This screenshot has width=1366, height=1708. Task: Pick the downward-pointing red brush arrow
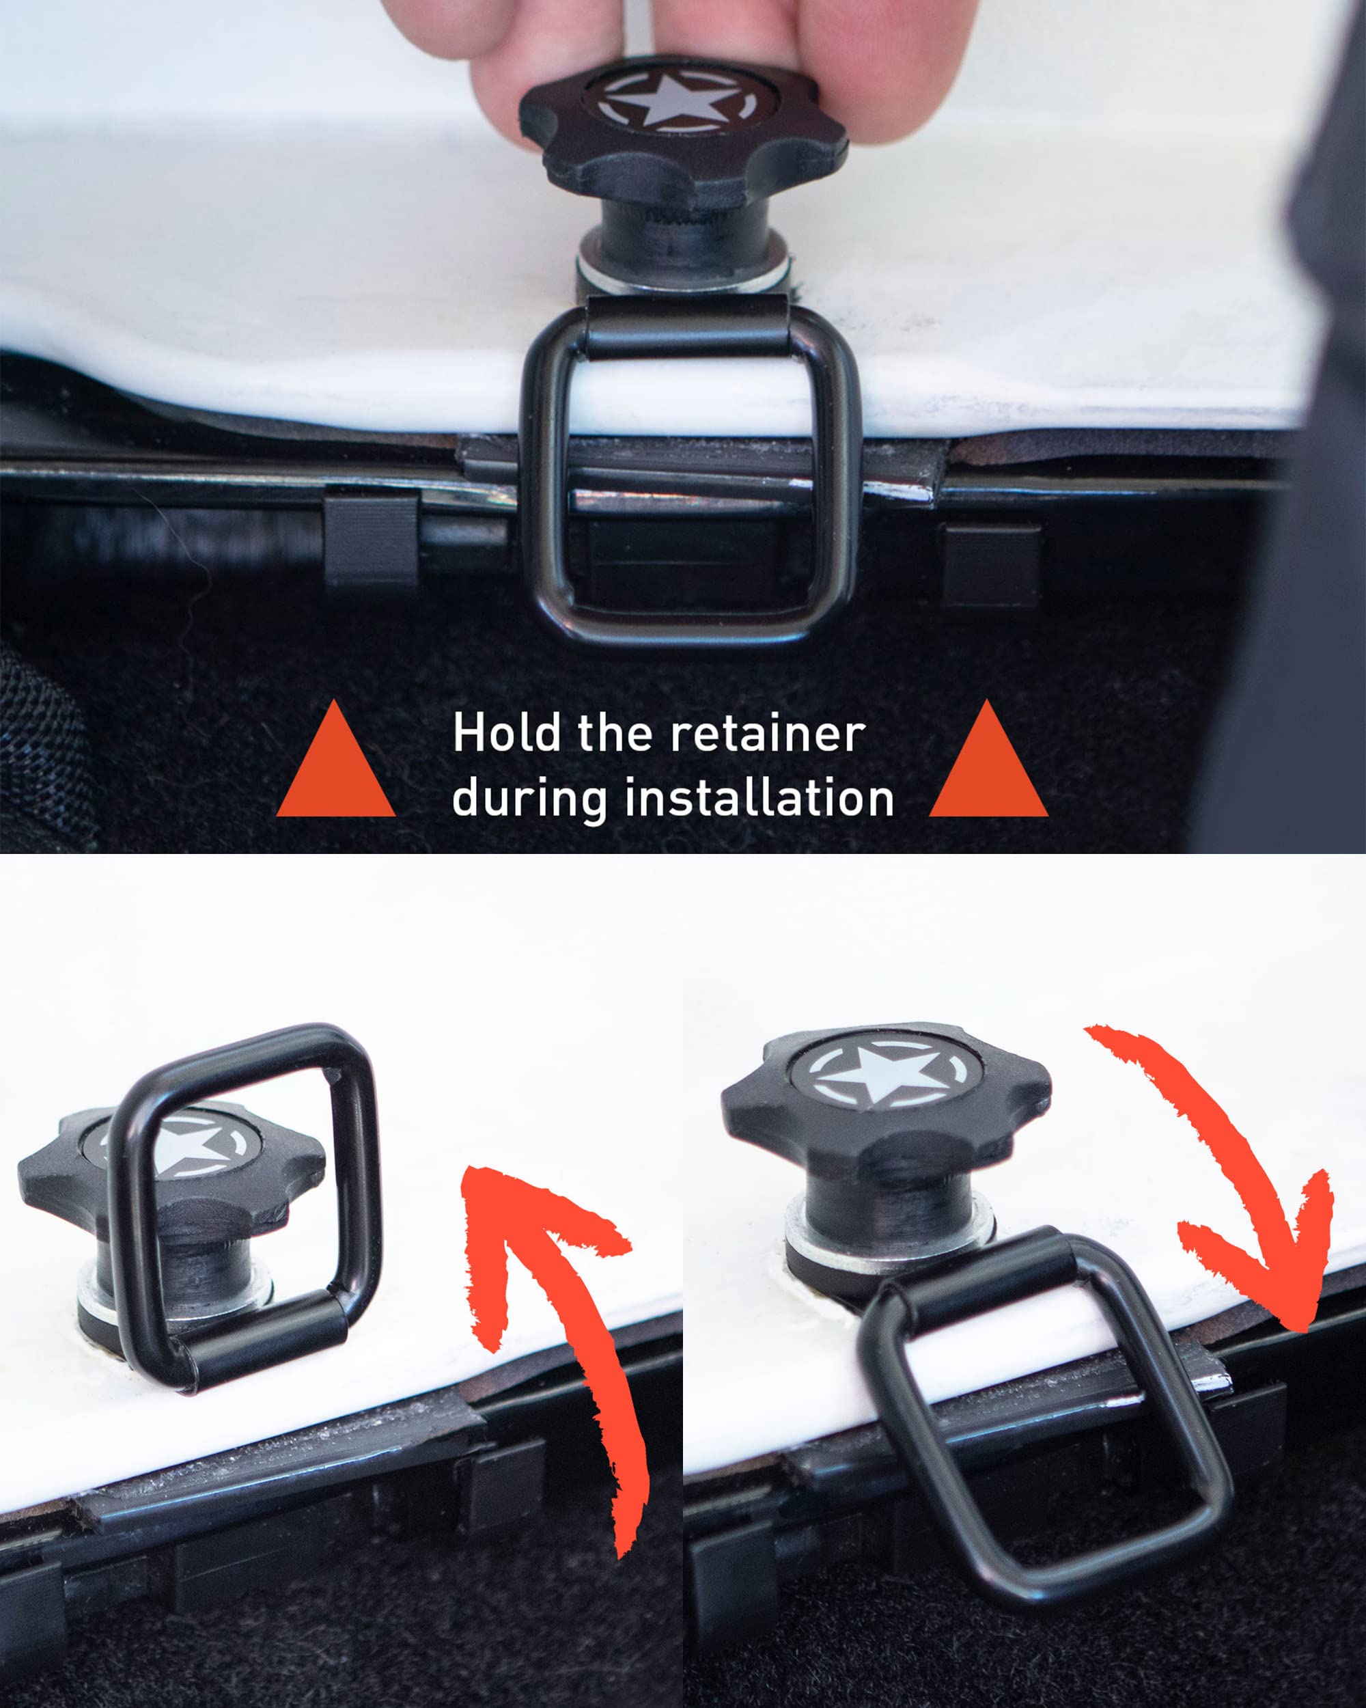coord(1236,1188)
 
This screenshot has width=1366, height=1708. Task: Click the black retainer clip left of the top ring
coord(371,542)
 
